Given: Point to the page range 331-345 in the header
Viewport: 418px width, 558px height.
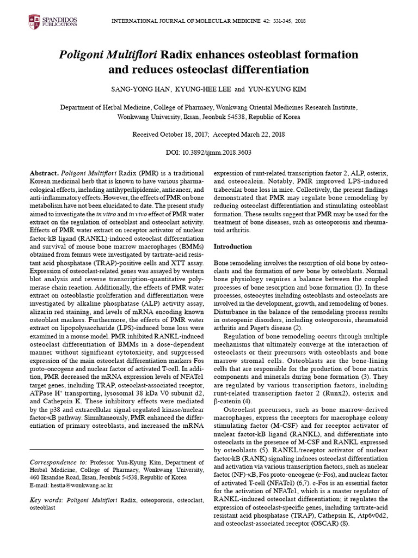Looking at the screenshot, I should coord(276,20).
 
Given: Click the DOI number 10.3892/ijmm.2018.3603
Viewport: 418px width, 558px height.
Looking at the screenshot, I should coord(217,153).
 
